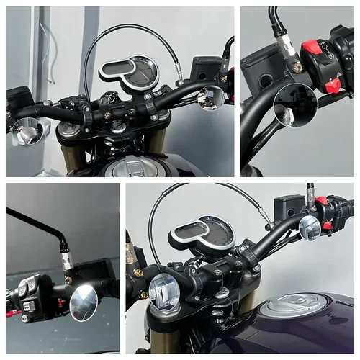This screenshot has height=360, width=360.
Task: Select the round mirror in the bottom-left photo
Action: click(84, 302)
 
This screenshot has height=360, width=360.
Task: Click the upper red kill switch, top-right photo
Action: click(311, 49)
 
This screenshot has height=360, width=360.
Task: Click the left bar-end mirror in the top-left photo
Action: click(29, 132)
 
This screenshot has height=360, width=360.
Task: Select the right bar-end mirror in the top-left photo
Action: click(212, 98)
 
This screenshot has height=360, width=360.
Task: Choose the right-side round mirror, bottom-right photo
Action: click(310, 228)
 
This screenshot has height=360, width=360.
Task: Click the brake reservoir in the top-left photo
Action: click(207, 67)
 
